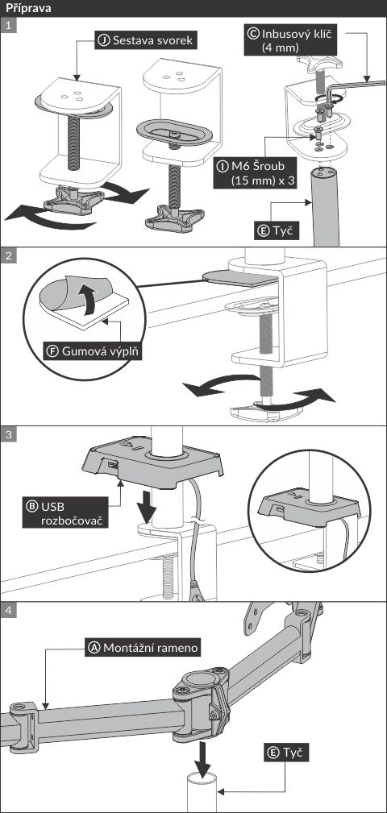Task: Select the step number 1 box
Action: tap(9, 26)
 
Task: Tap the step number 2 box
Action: tap(9, 255)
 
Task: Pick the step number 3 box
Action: tap(9, 434)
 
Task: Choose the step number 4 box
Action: tap(9, 610)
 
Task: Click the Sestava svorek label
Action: tap(146, 40)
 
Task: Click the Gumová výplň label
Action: tap(94, 351)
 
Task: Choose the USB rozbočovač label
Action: tap(65, 512)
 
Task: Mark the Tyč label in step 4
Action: tap(284, 753)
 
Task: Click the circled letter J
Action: tap(104, 40)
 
